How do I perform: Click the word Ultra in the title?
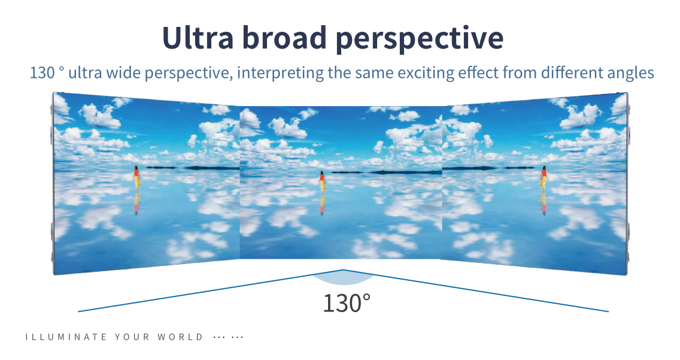(x=198, y=37)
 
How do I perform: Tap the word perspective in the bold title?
(x=420, y=40)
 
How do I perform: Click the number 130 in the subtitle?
(x=42, y=72)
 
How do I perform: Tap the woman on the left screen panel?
(x=136, y=179)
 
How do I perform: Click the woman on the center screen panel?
(x=322, y=181)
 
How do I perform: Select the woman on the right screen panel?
(x=544, y=179)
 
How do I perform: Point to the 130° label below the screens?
(x=347, y=302)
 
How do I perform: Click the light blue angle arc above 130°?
(x=344, y=280)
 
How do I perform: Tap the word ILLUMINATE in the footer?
(x=66, y=337)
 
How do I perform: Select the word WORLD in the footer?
(x=180, y=337)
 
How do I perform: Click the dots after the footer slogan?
(x=229, y=337)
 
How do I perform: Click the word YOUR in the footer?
(x=132, y=337)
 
